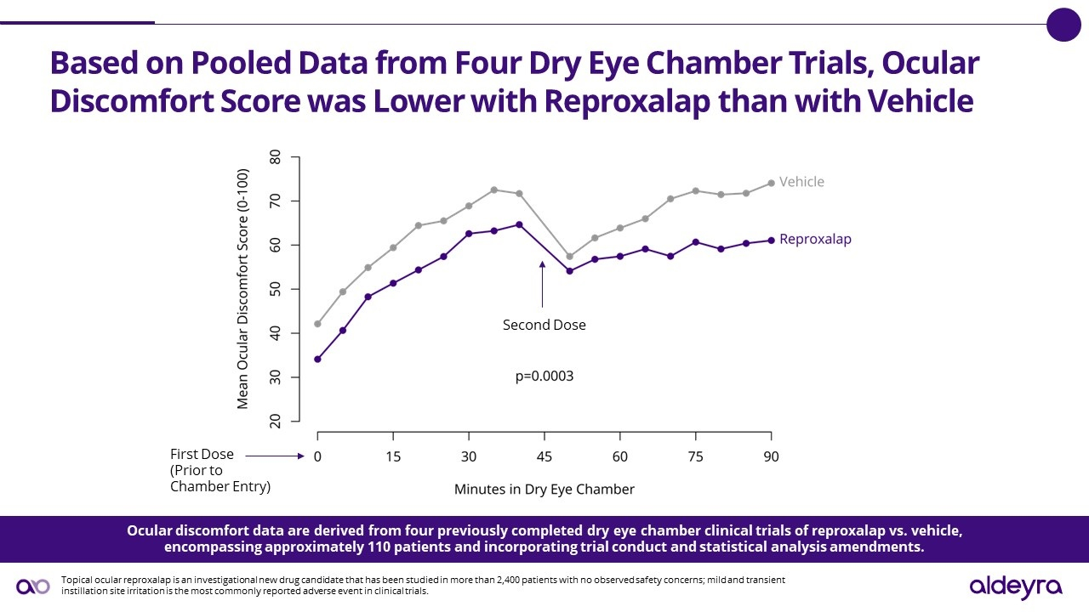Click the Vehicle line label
click(801, 182)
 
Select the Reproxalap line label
click(815, 240)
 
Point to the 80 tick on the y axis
click(275, 158)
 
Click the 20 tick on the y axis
click(275, 421)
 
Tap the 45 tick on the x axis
click(544, 456)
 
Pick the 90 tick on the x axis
click(770, 456)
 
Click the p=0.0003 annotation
click(544, 376)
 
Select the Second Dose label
click(544, 325)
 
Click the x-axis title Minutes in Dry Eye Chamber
click(544, 490)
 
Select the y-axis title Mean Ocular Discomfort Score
click(243, 289)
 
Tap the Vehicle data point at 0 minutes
click(317, 324)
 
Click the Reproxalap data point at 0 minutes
click(317, 359)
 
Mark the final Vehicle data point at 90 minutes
click(771, 183)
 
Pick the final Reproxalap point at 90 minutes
click(771, 241)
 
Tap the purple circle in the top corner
click(1063, 24)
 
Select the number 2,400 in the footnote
click(508, 580)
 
